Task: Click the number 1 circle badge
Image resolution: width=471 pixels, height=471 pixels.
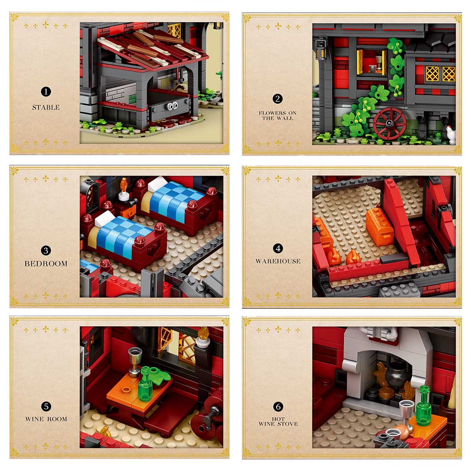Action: pyautogui.click(x=46, y=91)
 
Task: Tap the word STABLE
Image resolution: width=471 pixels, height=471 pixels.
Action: pyautogui.click(x=46, y=107)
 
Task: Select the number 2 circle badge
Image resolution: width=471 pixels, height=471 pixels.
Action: pyautogui.click(x=278, y=99)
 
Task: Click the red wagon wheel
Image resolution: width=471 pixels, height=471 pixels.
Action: pyautogui.click(x=389, y=123)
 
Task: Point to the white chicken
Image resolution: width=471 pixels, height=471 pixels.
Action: pyautogui.click(x=451, y=134)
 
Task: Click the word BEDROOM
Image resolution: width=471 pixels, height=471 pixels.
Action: pyautogui.click(x=46, y=264)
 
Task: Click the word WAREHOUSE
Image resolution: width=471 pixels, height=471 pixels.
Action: pyautogui.click(x=278, y=261)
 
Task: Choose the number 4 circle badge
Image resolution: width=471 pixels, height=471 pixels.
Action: pyautogui.click(x=278, y=248)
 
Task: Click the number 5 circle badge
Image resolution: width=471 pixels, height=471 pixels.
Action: pyautogui.click(x=46, y=406)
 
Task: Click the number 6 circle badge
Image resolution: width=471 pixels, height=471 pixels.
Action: pyautogui.click(x=278, y=406)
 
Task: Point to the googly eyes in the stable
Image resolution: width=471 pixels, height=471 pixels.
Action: pyautogui.click(x=173, y=104)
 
